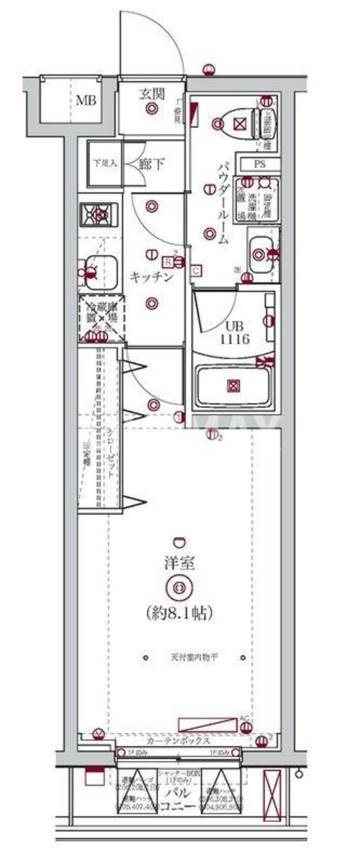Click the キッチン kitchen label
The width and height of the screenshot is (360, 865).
tap(152, 277)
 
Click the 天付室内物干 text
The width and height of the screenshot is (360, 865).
tap(193, 657)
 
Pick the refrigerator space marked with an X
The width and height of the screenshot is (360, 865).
tap(101, 318)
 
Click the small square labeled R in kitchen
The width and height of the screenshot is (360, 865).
tap(169, 262)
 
